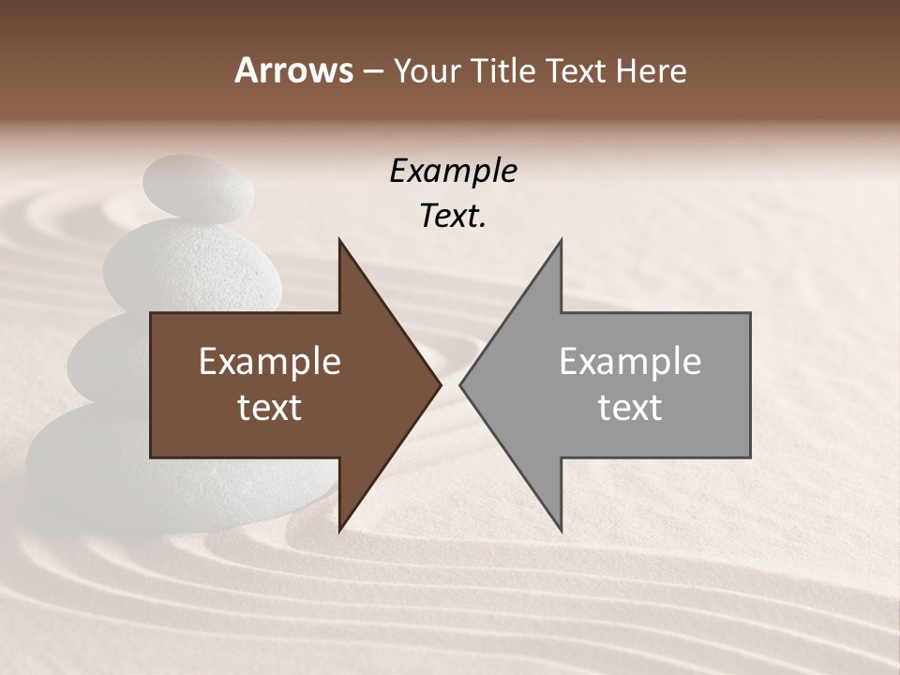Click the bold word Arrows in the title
pos(293,70)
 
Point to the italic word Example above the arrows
pos(453,171)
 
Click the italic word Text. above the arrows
pos(453,217)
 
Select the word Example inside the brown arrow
pos(269,362)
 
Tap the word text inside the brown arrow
pos(269,408)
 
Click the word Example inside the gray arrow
pos(630,362)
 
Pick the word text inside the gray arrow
pos(630,408)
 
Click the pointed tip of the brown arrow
pos(440,384)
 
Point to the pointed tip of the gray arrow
pos(461,384)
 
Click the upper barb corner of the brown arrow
pos(339,240)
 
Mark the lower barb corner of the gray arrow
pos(561,531)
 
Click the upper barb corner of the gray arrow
pos(561,240)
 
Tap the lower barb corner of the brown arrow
pos(339,531)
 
